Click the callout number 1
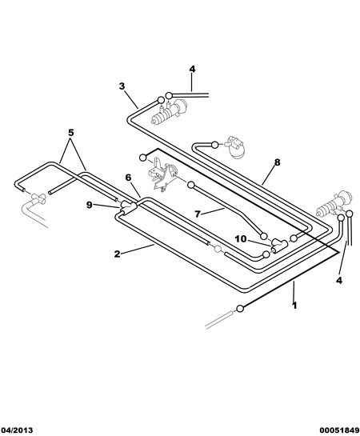(x=294, y=306)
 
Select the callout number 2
(x=118, y=254)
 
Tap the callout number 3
(x=122, y=86)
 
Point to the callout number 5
(x=71, y=133)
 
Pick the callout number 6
(x=128, y=178)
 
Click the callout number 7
(x=198, y=214)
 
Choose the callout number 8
(x=277, y=162)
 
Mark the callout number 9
(x=90, y=206)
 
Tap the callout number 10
(x=241, y=239)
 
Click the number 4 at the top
(x=192, y=69)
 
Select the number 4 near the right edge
(x=339, y=280)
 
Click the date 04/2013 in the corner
(x=17, y=430)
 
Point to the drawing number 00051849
(x=339, y=430)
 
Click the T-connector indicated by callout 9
(x=128, y=207)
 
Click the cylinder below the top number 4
(x=169, y=112)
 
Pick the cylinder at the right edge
(x=334, y=204)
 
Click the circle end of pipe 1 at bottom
(x=240, y=308)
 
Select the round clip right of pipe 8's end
(x=236, y=147)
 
